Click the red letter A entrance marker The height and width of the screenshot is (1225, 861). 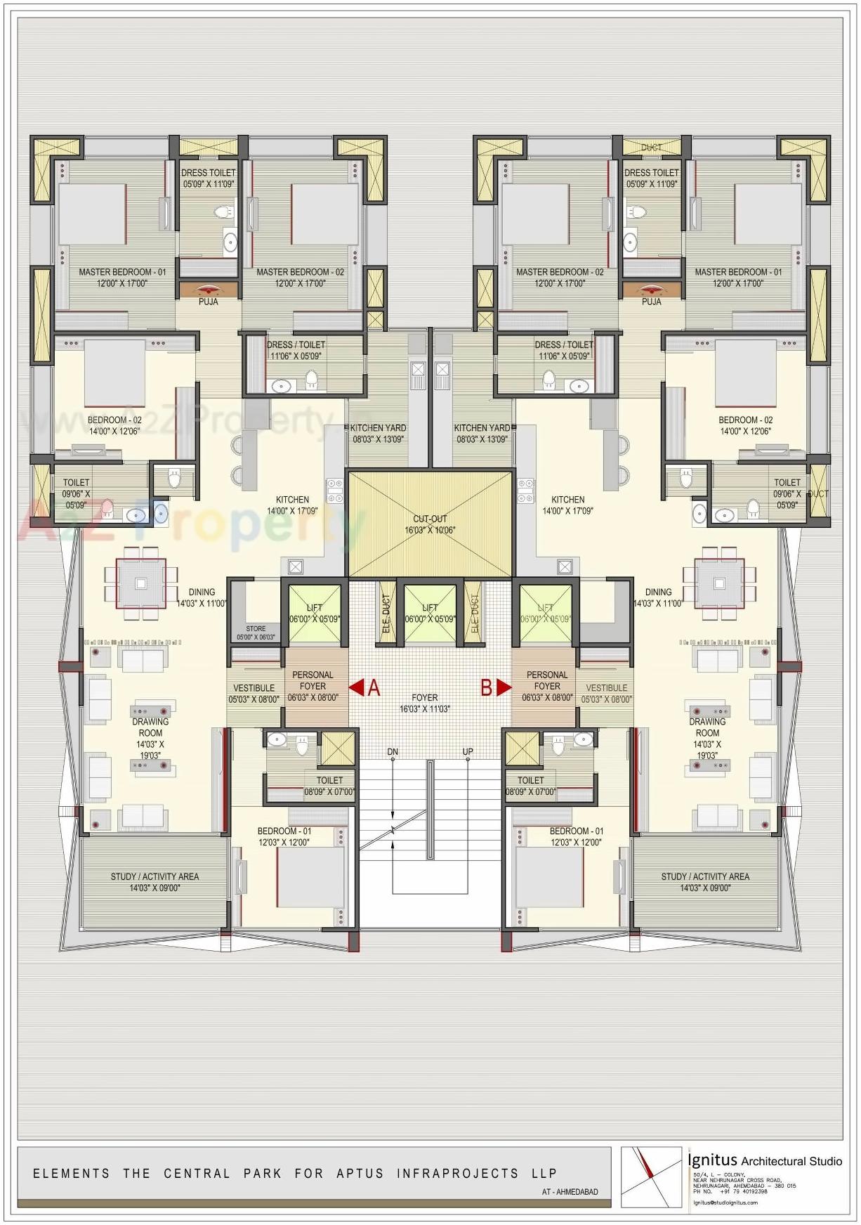(x=374, y=687)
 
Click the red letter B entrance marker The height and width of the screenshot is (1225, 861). (x=486, y=687)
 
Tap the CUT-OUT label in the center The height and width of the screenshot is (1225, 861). (x=430, y=519)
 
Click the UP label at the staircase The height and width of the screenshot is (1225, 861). (x=468, y=751)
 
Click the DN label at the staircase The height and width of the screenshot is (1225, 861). (x=393, y=751)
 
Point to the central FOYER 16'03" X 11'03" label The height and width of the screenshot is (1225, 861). (x=425, y=703)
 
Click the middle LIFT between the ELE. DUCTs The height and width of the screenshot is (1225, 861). (x=430, y=613)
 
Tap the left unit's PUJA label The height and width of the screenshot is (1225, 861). (x=208, y=302)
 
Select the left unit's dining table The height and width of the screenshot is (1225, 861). (x=141, y=583)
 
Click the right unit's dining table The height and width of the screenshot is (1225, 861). (x=718, y=583)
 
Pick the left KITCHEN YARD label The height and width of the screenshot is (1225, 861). (x=378, y=433)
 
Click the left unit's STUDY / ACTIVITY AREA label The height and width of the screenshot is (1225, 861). (x=155, y=881)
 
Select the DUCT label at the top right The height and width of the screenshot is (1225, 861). (x=651, y=148)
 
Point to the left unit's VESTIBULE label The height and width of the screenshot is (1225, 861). (x=254, y=693)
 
